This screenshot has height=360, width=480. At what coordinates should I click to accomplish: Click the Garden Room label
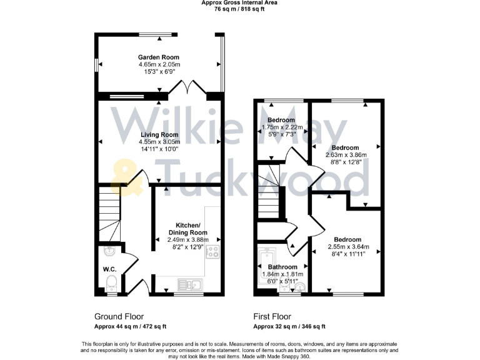point(159,56)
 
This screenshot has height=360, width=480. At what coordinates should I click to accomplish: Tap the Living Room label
point(159,134)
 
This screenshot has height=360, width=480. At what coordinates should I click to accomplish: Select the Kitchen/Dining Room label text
point(187,229)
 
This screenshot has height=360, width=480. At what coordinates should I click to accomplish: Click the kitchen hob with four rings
point(212,252)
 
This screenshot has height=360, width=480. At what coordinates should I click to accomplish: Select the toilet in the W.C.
point(112,283)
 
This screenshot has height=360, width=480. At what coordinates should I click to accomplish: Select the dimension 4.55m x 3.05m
point(159,142)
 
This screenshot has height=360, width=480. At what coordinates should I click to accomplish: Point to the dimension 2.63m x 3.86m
point(346,155)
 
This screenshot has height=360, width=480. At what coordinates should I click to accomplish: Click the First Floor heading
point(272,317)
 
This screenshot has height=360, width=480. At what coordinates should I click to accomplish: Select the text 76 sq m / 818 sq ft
point(239,9)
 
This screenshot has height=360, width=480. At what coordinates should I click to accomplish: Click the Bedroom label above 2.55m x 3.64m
point(347,239)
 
